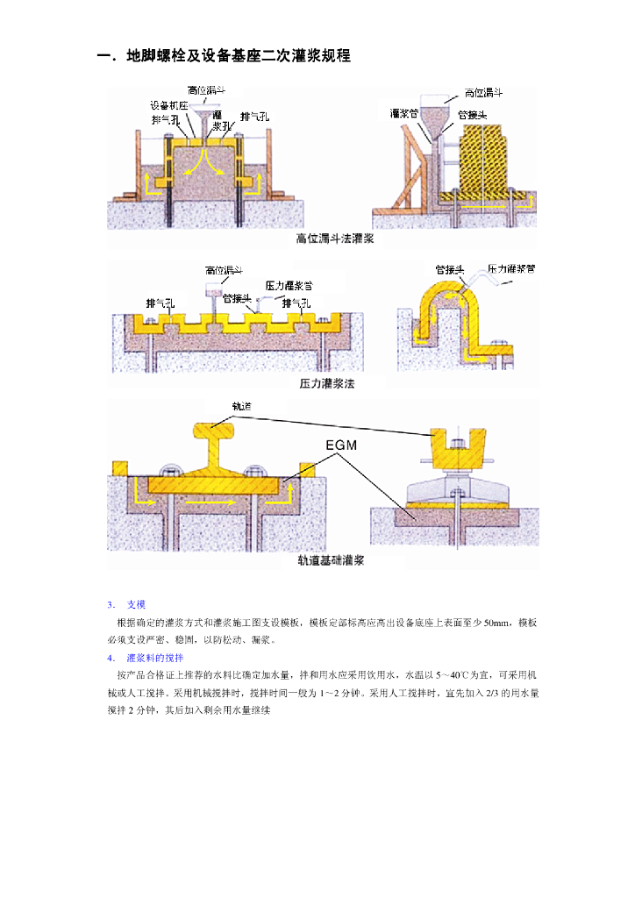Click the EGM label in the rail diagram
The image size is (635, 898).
341,445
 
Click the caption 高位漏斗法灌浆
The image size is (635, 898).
334,239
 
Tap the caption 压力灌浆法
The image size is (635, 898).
326,383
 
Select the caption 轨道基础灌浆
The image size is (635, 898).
331,560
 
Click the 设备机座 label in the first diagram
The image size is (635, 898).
169,103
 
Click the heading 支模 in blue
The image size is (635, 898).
136,604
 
